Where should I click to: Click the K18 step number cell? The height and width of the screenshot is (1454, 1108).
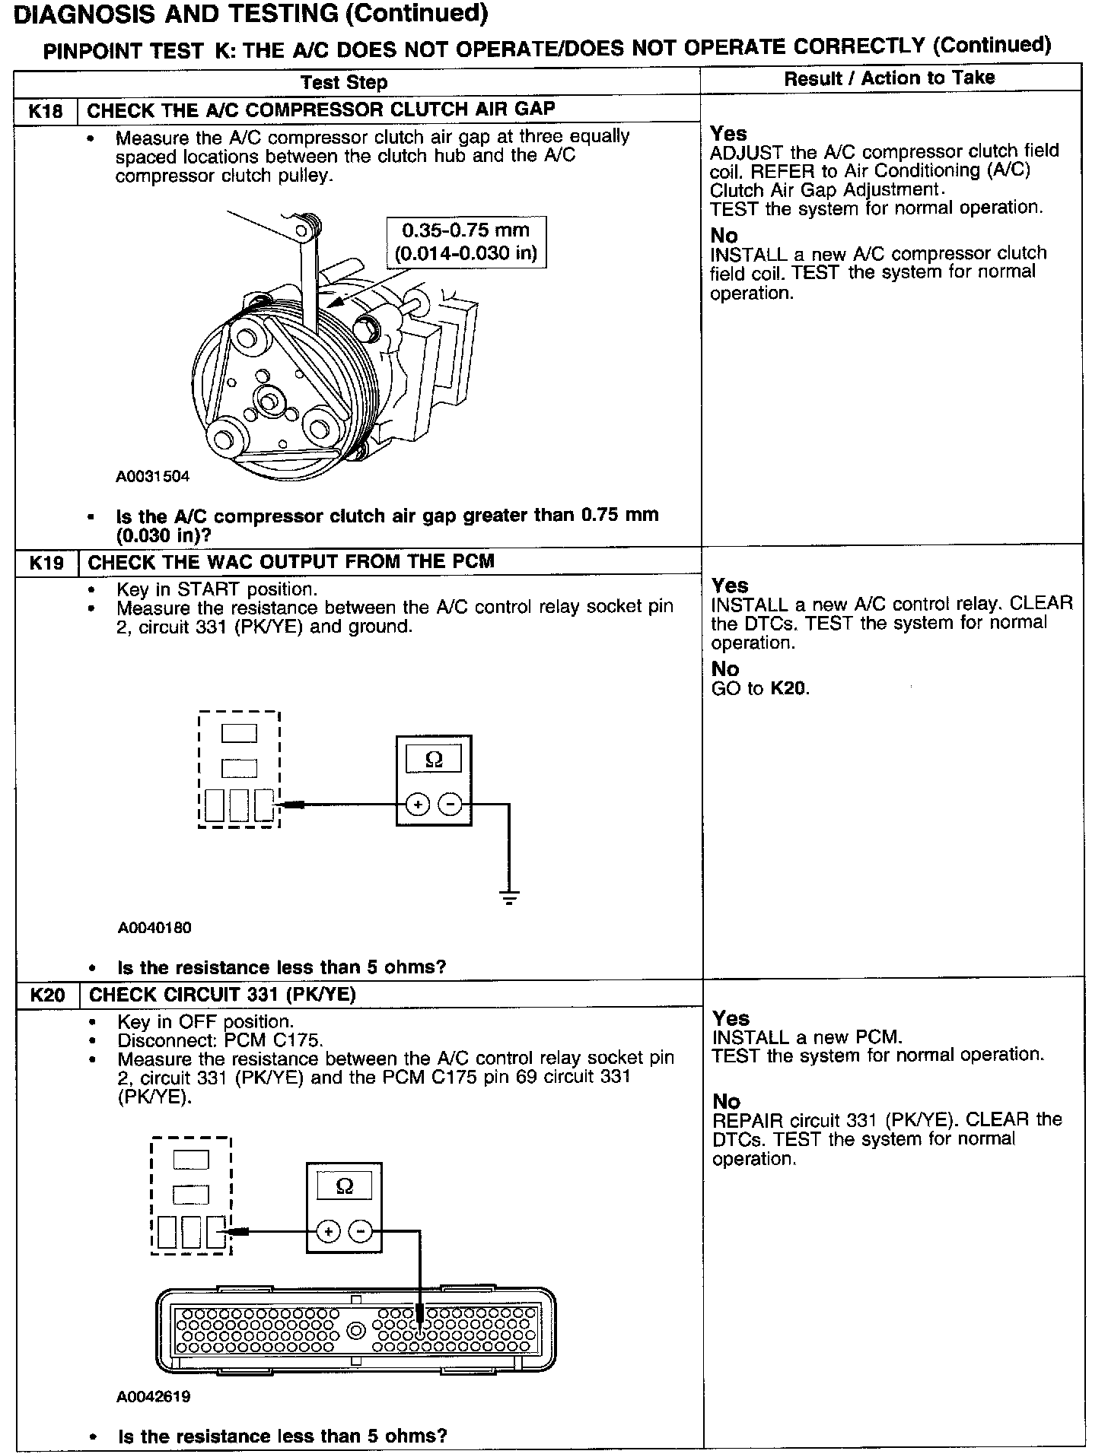[x=46, y=111]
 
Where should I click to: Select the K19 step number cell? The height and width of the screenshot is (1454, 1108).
[x=47, y=563]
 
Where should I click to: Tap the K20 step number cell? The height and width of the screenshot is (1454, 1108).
[x=47, y=995]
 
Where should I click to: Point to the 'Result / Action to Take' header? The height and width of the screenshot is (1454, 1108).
[x=889, y=78]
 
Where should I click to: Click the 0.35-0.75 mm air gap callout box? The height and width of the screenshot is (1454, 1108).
[x=466, y=242]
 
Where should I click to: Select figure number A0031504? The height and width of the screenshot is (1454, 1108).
[x=152, y=477]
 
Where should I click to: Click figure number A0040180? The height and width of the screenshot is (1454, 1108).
[x=154, y=928]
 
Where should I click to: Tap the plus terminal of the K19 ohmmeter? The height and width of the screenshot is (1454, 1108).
[x=417, y=804]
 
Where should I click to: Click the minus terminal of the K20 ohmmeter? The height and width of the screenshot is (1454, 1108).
[x=361, y=1231]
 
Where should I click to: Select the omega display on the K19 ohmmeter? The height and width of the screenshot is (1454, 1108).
[x=434, y=759]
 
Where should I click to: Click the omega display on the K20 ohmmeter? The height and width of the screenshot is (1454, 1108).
[x=344, y=1186]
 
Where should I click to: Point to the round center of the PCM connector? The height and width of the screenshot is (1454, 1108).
[x=355, y=1331]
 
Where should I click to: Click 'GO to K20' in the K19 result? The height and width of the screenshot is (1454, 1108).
[x=759, y=689]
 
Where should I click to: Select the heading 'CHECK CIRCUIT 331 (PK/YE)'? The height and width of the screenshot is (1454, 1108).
[x=222, y=995]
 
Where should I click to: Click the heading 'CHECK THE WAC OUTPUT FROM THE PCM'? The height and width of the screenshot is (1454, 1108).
[x=291, y=562]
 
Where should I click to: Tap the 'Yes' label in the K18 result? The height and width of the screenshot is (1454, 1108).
[x=728, y=134]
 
